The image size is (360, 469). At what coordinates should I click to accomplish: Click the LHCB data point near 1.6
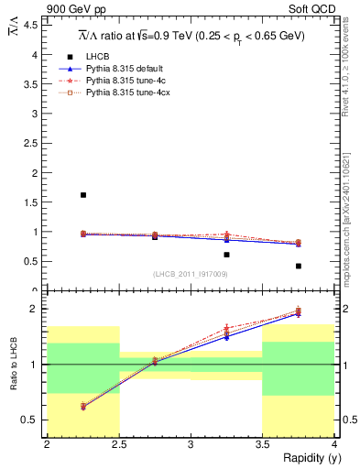click(x=83, y=195)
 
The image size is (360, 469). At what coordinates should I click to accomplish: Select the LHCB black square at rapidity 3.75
click(x=299, y=266)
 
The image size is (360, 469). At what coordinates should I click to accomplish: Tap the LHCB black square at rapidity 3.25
click(x=226, y=255)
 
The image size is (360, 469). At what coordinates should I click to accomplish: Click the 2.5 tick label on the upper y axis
click(x=33, y=143)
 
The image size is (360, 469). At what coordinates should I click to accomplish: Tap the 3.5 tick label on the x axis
click(x=262, y=445)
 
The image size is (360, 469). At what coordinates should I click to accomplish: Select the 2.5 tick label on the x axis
click(x=118, y=445)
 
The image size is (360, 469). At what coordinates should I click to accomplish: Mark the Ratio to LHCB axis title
click(x=13, y=365)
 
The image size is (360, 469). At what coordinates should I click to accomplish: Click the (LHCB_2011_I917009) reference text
click(x=191, y=274)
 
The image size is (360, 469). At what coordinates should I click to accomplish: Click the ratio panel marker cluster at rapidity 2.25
click(x=83, y=406)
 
